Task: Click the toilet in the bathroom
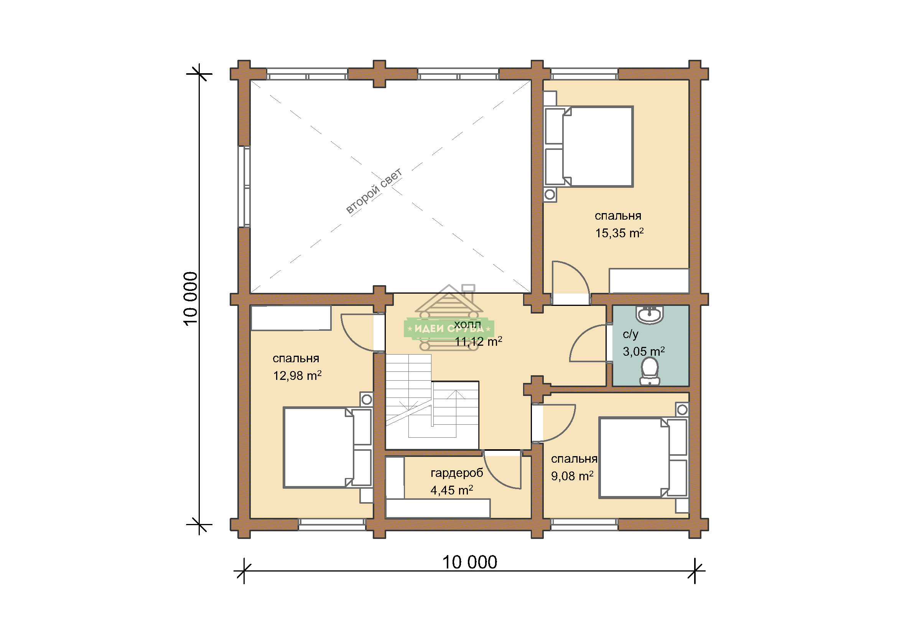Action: (650, 371)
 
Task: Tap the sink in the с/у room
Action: (650, 315)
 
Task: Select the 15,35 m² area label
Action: (619, 233)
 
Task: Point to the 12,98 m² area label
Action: (297, 376)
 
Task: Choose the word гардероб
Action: (457, 473)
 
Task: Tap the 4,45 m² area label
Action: (452, 490)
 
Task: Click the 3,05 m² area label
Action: (644, 351)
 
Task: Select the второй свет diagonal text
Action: (374, 191)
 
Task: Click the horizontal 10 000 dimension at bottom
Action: (470, 563)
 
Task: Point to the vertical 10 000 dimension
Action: (191, 299)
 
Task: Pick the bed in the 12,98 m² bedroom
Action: (328, 448)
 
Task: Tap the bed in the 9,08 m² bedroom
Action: (643, 458)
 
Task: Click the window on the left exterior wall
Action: (245, 187)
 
